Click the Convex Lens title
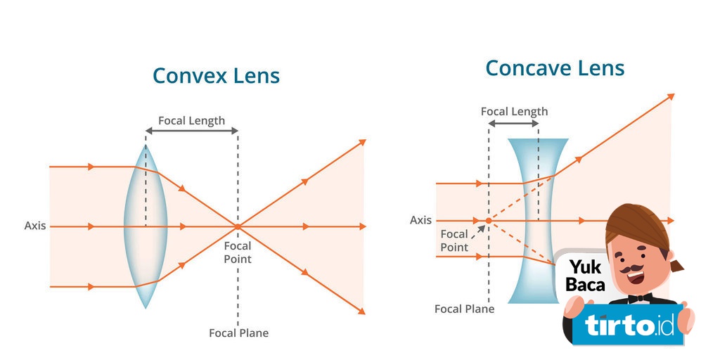click(216, 76)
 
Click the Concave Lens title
click(555, 68)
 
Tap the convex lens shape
click(146, 226)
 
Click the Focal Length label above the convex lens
click(191, 120)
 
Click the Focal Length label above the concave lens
click(514, 111)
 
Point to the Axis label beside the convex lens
click(35, 226)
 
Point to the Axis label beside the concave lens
click(420, 220)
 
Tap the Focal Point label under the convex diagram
click(238, 252)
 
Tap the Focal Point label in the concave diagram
click(454, 240)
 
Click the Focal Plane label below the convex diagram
click(238, 333)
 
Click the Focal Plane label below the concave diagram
click(464, 309)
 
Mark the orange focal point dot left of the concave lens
click(489, 221)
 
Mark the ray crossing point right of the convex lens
click(238, 226)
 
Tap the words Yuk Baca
click(585, 276)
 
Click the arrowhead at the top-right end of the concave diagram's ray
click(671, 96)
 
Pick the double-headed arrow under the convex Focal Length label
click(191, 131)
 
